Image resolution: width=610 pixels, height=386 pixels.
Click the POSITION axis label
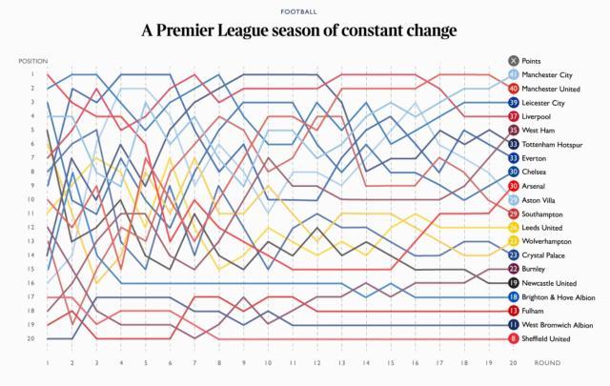32,61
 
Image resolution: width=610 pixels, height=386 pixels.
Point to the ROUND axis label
547,363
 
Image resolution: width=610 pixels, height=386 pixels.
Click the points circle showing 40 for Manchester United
514,89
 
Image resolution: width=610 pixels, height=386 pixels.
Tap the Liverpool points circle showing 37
514,116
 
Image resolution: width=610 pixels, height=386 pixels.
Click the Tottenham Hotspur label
553,144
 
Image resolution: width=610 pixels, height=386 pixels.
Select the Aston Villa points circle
514,200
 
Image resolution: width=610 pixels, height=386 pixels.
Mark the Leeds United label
545,228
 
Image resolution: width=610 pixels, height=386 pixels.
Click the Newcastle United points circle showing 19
514,283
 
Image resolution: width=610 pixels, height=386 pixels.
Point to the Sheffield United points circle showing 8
514,338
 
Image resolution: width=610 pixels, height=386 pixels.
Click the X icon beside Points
514,61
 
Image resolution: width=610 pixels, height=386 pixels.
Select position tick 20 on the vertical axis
30,338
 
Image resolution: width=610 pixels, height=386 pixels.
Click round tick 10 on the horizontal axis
268,363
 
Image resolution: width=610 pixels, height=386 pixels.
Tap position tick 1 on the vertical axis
31,74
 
